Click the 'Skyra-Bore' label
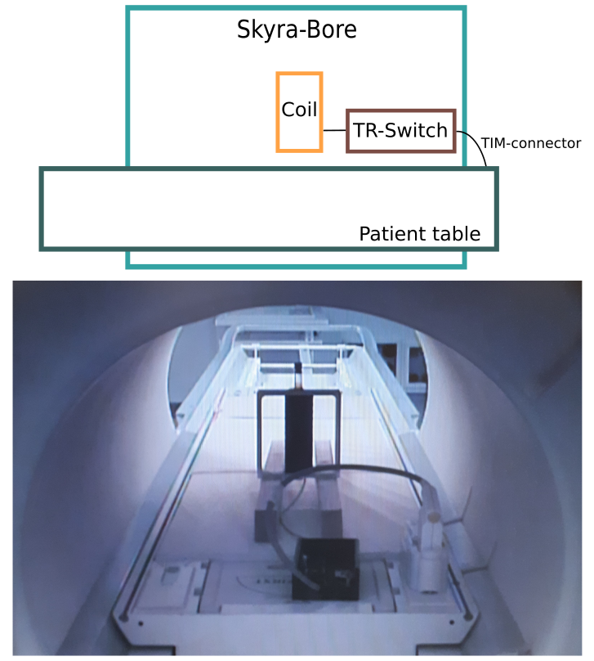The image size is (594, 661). (x=297, y=31)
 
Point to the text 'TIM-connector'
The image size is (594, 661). (x=530, y=143)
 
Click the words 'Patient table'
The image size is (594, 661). (x=419, y=235)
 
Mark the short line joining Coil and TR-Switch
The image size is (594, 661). (x=334, y=130)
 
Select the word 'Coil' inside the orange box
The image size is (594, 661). (x=299, y=110)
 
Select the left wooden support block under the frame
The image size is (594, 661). (x=271, y=458)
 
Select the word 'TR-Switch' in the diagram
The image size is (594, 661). (x=400, y=130)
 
